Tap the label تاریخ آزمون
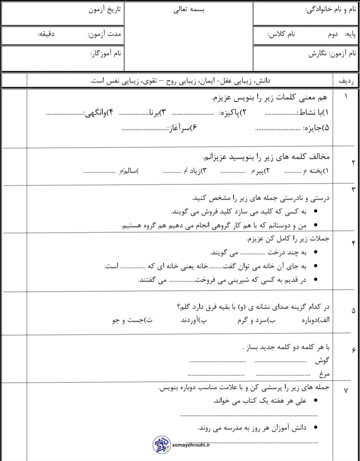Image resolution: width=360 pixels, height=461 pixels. click(x=104, y=9)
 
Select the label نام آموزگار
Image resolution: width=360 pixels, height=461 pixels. click(x=106, y=54)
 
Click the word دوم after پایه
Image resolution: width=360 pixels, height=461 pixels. click(x=333, y=34)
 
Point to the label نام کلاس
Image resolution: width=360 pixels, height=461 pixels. click(x=281, y=34)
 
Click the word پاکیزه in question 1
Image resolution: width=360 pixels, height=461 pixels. click(x=232, y=113)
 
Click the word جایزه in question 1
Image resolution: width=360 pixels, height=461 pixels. click(x=316, y=128)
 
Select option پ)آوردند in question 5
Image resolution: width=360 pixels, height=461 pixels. click(x=194, y=320)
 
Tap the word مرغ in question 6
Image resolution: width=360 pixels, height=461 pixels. click(x=324, y=374)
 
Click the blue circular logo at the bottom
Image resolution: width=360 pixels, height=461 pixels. click(x=161, y=444)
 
